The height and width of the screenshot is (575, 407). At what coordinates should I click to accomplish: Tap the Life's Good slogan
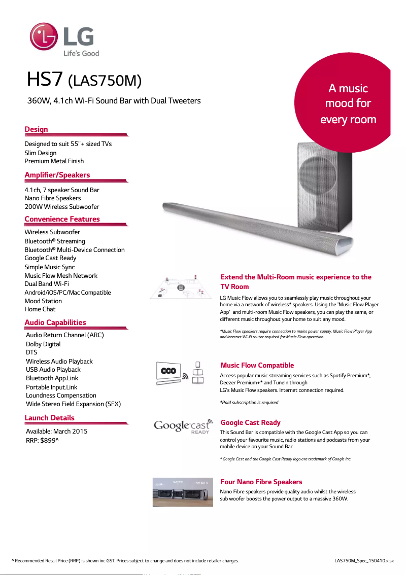[x=81, y=53]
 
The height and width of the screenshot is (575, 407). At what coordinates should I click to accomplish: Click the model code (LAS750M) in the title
[x=104, y=81]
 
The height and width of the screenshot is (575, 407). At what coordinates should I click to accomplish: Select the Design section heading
[x=37, y=129]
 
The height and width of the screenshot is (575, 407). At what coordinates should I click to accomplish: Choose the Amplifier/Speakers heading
[x=57, y=175]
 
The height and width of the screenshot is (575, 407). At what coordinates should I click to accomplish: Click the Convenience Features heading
[x=62, y=219]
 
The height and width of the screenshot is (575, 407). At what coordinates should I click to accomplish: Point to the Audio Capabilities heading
[x=55, y=322]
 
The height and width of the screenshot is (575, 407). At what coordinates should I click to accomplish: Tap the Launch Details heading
[x=50, y=418]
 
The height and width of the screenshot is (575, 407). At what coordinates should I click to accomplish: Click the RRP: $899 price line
[x=42, y=440]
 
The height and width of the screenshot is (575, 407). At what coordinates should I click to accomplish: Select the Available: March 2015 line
[x=57, y=431]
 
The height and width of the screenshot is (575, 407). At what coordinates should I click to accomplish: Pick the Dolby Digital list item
[x=43, y=344]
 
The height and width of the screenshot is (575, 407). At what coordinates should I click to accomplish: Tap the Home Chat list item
[x=40, y=309]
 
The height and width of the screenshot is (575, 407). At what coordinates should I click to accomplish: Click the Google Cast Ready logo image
[x=182, y=426]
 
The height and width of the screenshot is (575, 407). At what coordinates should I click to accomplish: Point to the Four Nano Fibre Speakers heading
[x=261, y=482]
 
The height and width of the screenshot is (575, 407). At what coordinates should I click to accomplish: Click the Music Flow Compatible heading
[x=257, y=365]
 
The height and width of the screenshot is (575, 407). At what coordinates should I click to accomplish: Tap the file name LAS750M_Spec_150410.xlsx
[x=364, y=561]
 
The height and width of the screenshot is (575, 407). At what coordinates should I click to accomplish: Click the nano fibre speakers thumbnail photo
[x=183, y=491]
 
